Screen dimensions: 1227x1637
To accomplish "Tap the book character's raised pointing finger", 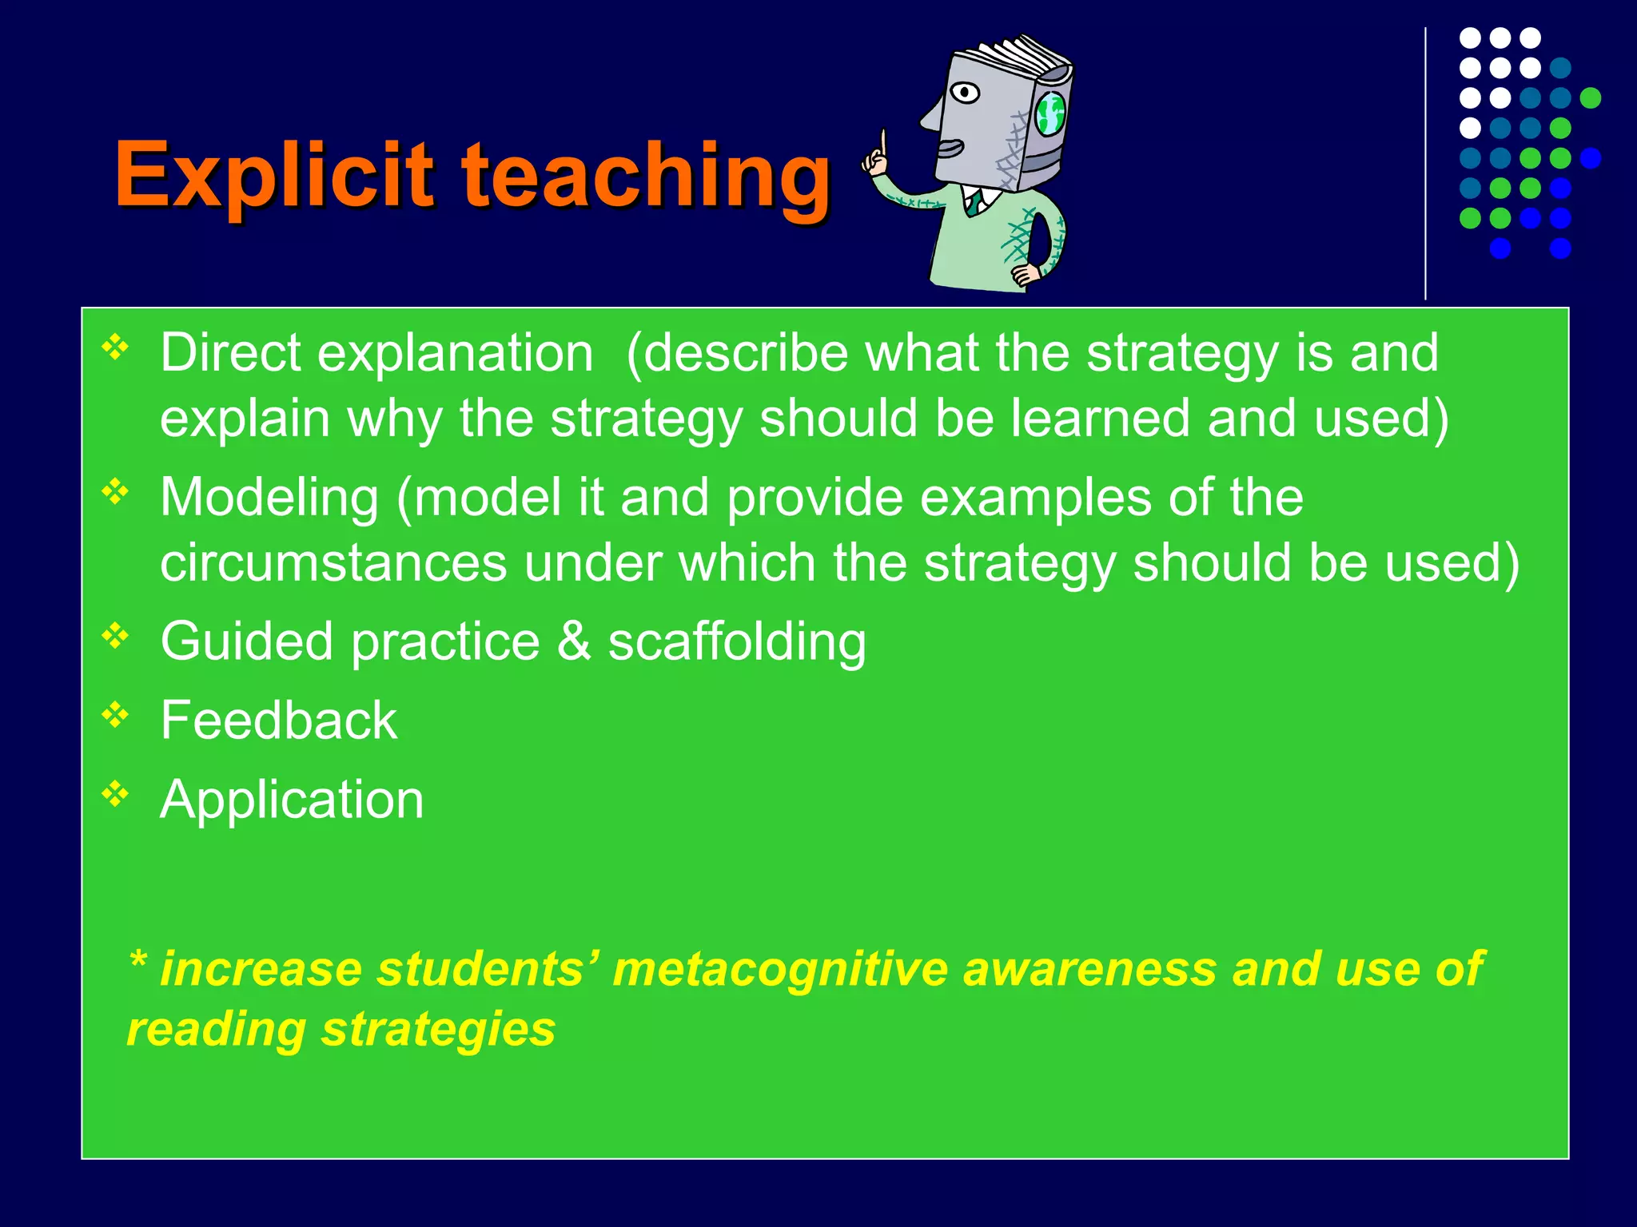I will tap(883, 144).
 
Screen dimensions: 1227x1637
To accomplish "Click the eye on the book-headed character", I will tap(966, 93).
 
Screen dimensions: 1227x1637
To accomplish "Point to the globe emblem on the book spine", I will tap(1050, 113).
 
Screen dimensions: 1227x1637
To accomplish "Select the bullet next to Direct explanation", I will tap(115, 347).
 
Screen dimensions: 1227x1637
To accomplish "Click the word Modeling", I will tap(269, 498).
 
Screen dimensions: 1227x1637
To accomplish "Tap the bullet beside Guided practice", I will tap(115, 636).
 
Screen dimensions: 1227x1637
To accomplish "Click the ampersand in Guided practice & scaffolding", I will tap(573, 641).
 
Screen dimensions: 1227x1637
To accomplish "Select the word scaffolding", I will tap(736, 643).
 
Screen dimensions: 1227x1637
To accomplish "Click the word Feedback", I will tap(278, 721).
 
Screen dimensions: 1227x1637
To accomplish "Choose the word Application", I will tap(292, 800).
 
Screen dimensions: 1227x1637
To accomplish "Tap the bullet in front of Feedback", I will tap(115, 714).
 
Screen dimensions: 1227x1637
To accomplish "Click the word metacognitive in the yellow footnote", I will tap(779, 969).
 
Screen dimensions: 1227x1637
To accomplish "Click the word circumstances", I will tap(333, 562).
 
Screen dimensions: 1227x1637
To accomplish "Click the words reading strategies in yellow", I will tap(341, 1030).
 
